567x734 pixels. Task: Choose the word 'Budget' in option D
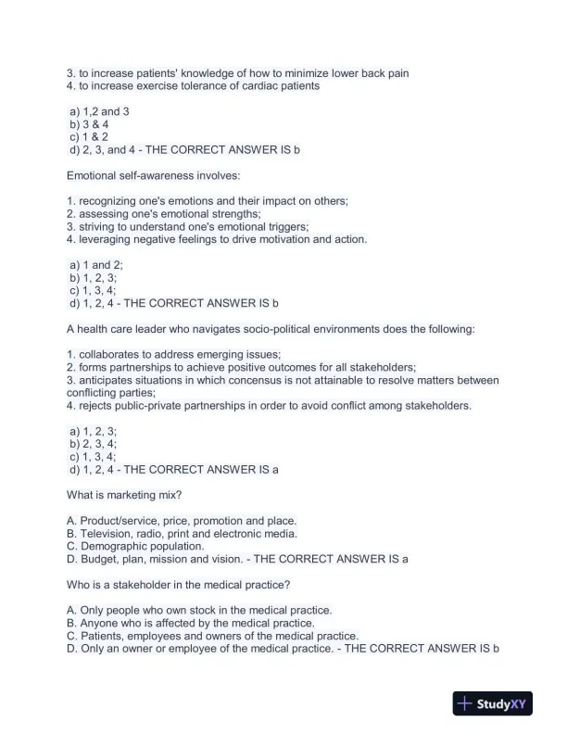(99, 559)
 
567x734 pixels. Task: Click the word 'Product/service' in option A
(118, 521)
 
